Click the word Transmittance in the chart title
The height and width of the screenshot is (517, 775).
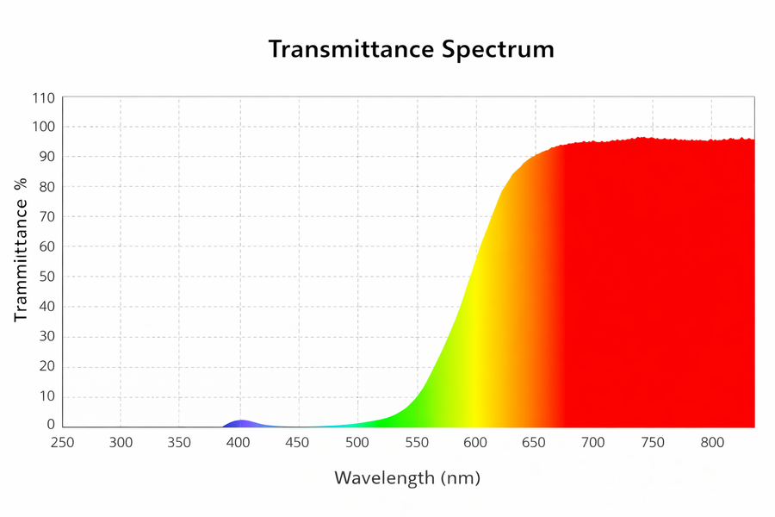[x=352, y=49]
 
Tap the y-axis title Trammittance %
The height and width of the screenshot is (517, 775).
[x=21, y=251]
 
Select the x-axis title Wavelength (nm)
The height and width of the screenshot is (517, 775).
[x=407, y=478]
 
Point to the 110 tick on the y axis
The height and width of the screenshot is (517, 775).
[x=44, y=98]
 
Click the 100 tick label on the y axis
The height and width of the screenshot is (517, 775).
[x=44, y=127]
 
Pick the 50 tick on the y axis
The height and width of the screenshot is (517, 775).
[x=47, y=277]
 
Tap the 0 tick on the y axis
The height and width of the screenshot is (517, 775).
[x=51, y=424]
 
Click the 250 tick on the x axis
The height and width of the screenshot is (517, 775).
[x=62, y=442]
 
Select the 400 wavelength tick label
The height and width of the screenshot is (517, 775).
[x=239, y=442]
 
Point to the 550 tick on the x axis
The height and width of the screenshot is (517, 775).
[x=417, y=442]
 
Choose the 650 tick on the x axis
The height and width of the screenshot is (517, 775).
[x=534, y=442]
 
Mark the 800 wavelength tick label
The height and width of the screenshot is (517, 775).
[x=712, y=442]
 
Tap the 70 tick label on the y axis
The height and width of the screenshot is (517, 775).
[x=47, y=216]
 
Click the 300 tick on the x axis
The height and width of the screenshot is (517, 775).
[x=121, y=442]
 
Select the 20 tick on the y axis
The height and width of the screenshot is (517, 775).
[x=47, y=366]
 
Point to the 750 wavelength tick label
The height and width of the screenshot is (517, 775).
[x=653, y=442]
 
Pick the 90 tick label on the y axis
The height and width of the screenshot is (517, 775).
[x=47, y=157]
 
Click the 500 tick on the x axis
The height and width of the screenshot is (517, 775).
[x=357, y=442]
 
